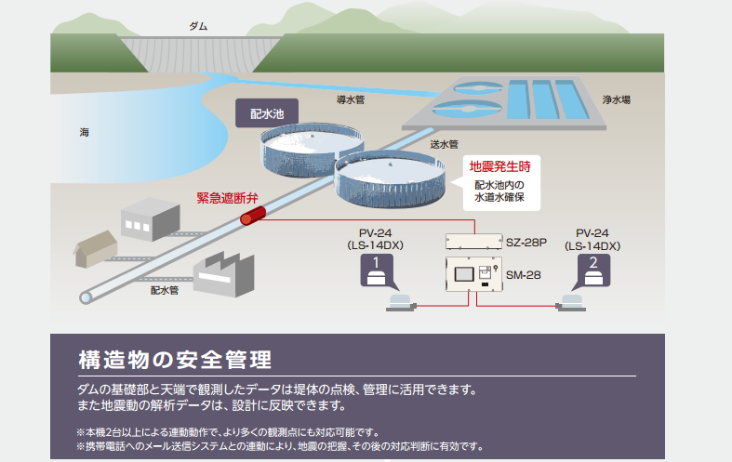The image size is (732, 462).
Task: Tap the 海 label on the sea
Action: [x=85, y=134]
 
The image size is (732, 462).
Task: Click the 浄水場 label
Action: [x=617, y=98]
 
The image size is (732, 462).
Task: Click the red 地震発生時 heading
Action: [x=499, y=167]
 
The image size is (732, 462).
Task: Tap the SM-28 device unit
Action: [x=473, y=274]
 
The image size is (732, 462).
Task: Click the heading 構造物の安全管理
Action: [x=175, y=359]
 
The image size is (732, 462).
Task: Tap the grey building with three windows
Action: [x=151, y=218]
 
